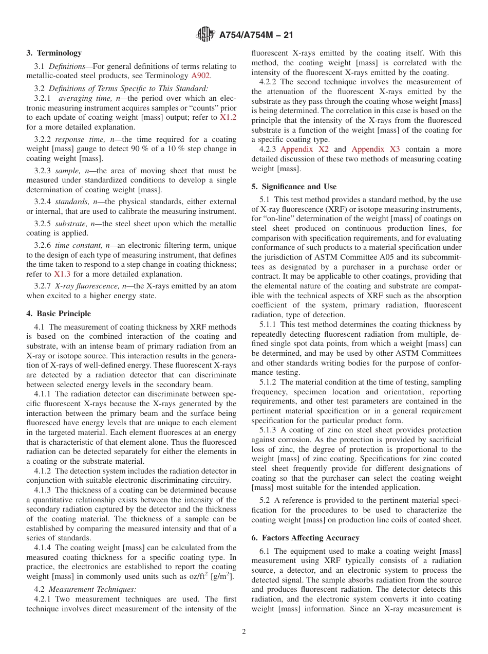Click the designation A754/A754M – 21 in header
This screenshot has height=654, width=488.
256,35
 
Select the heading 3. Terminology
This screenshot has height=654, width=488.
54,53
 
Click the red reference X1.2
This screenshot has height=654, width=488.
228,117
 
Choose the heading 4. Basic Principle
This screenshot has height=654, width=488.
59,314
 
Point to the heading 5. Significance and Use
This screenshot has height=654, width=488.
294,187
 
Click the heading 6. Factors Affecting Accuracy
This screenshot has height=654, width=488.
306,538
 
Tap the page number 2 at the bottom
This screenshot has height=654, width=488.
244,632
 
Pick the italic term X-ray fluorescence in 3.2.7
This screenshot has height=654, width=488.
87,286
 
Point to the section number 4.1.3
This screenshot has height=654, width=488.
43,490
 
